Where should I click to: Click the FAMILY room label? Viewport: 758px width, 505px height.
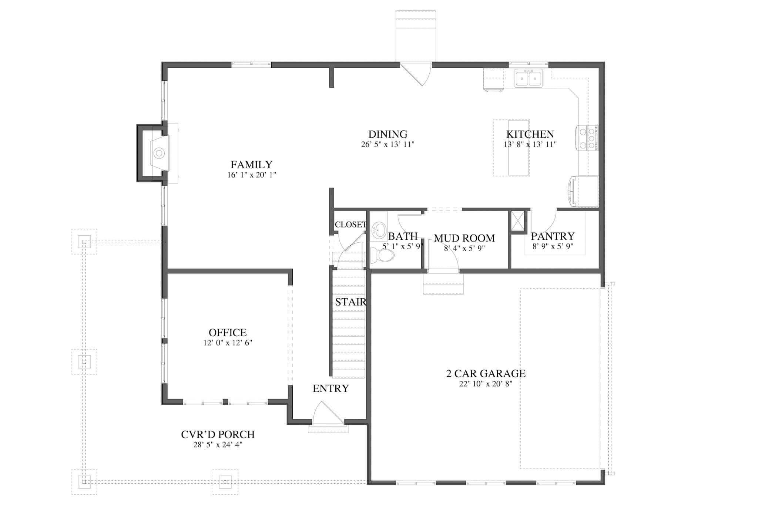click(251, 165)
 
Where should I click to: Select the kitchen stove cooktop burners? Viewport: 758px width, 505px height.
click(588, 138)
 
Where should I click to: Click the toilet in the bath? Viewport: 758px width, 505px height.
click(383, 255)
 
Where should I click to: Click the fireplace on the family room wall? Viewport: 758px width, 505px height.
click(158, 153)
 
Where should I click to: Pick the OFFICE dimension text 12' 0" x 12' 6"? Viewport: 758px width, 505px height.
click(227, 343)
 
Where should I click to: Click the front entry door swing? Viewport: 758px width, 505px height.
click(328, 413)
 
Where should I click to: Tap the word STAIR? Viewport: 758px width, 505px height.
click(351, 302)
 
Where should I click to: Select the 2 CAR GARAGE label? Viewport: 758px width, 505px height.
click(486, 374)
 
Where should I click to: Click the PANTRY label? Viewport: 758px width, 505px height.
click(553, 236)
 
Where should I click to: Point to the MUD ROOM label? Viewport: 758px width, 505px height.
click(464, 238)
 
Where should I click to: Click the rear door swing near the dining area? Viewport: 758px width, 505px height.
click(418, 74)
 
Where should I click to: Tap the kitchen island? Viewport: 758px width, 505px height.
click(518, 147)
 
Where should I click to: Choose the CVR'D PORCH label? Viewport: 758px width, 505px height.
click(218, 434)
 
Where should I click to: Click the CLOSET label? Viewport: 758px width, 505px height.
click(350, 225)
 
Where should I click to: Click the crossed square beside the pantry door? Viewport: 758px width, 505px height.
click(518, 221)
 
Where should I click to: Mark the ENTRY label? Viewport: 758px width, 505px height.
click(331, 388)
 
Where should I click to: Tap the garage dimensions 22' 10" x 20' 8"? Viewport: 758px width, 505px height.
click(486, 384)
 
